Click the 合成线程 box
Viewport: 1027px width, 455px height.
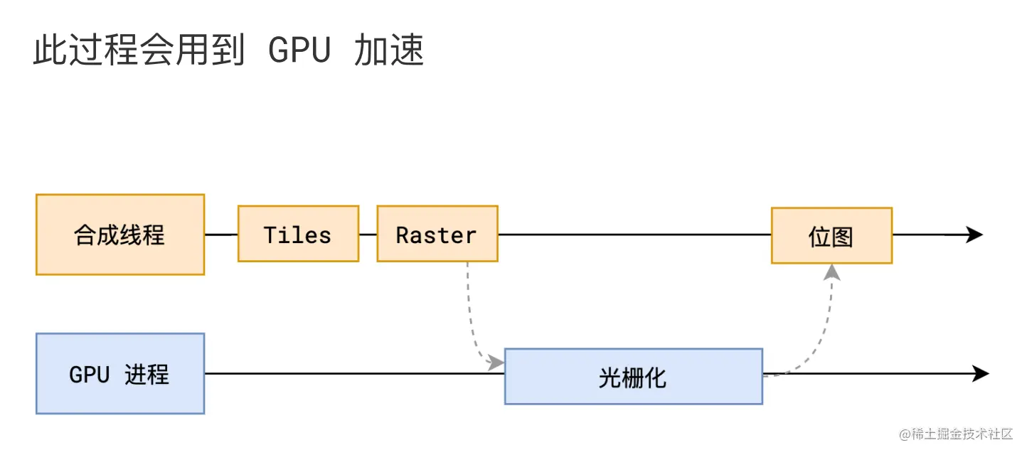tap(120, 235)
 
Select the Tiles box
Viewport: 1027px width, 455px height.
tap(298, 234)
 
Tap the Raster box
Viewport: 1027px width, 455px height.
tap(437, 234)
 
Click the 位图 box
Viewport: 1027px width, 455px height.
tap(831, 235)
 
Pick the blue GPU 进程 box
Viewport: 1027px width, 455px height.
tap(120, 373)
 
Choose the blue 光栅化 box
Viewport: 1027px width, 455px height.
tap(633, 376)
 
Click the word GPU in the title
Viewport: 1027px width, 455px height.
tap(299, 51)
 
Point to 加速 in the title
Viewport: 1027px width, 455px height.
tap(388, 51)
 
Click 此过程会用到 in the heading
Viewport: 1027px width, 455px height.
tap(139, 51)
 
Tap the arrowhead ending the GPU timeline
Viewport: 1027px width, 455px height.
tap(980, 373)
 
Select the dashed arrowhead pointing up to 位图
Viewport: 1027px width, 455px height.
tap(831, 272)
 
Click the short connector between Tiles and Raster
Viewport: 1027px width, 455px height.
tap(368, 234)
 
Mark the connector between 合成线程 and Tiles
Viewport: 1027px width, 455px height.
tap(221, 234)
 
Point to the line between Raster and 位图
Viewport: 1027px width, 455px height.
tap(633, 234)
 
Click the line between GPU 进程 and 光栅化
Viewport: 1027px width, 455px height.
tap(354, 373)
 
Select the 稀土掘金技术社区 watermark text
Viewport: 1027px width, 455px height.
tap(956, 434)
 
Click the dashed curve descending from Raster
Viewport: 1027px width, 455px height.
tap(469, 313)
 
